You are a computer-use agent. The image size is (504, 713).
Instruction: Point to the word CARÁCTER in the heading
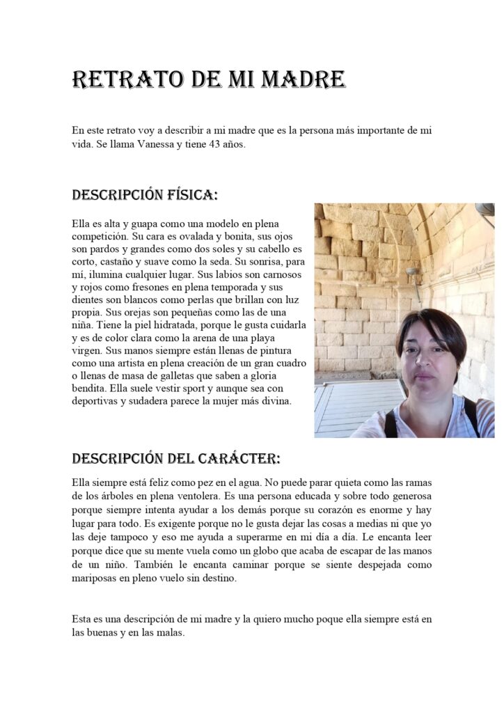point(237,459)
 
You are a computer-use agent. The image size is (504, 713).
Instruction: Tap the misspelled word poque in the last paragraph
point(320,619)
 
